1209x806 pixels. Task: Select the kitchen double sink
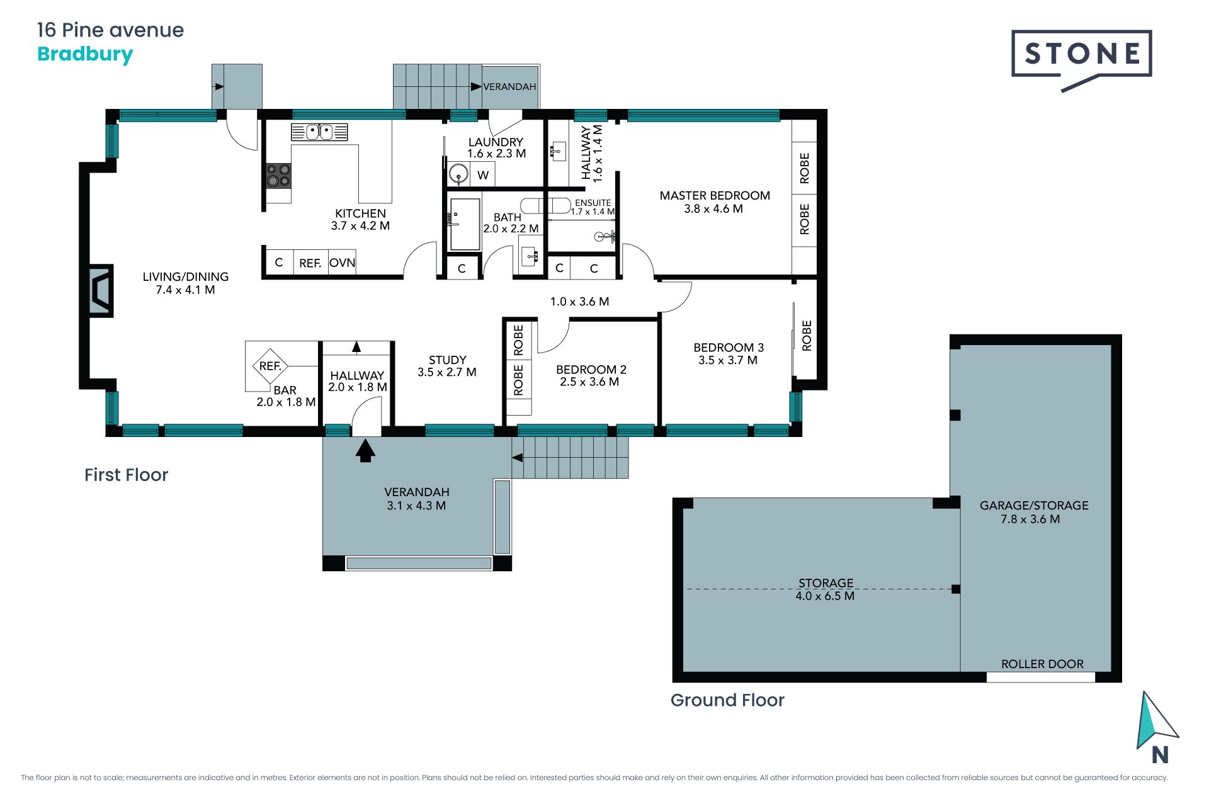pyautogui.click(x=319, y=132)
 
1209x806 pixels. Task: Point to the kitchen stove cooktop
pyautogui.click(x=278, y=176)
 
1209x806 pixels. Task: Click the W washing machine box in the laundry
pyautogui.click(x=482, y=175)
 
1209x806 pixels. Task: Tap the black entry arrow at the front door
pyautogui.click(x=365, y=451)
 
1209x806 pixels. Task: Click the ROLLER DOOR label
pyautogui.click(x=1042, y=664)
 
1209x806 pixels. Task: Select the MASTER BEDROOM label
pyautogui.click(x=715, y=195)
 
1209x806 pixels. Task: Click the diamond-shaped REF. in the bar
pyautogui.click(x=270, y=366)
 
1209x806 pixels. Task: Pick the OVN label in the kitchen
pyautogui.click(x=342, y=263)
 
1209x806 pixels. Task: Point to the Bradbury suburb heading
pyautogui.click(x=85, y=54)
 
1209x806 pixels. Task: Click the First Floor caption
pyautogui.click(x=126, y=475)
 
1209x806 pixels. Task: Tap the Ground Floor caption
pyautogui.click(x=727, y=700)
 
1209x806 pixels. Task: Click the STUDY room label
pyautogui.click(x=447, y=360)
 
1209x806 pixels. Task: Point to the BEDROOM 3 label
pyautogui.click(x=729, y=348)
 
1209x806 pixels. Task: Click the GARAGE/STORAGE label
pyautogui.click(x=1034, y=506)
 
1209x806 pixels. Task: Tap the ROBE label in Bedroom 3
pyautogui.click(x=807, y=335)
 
